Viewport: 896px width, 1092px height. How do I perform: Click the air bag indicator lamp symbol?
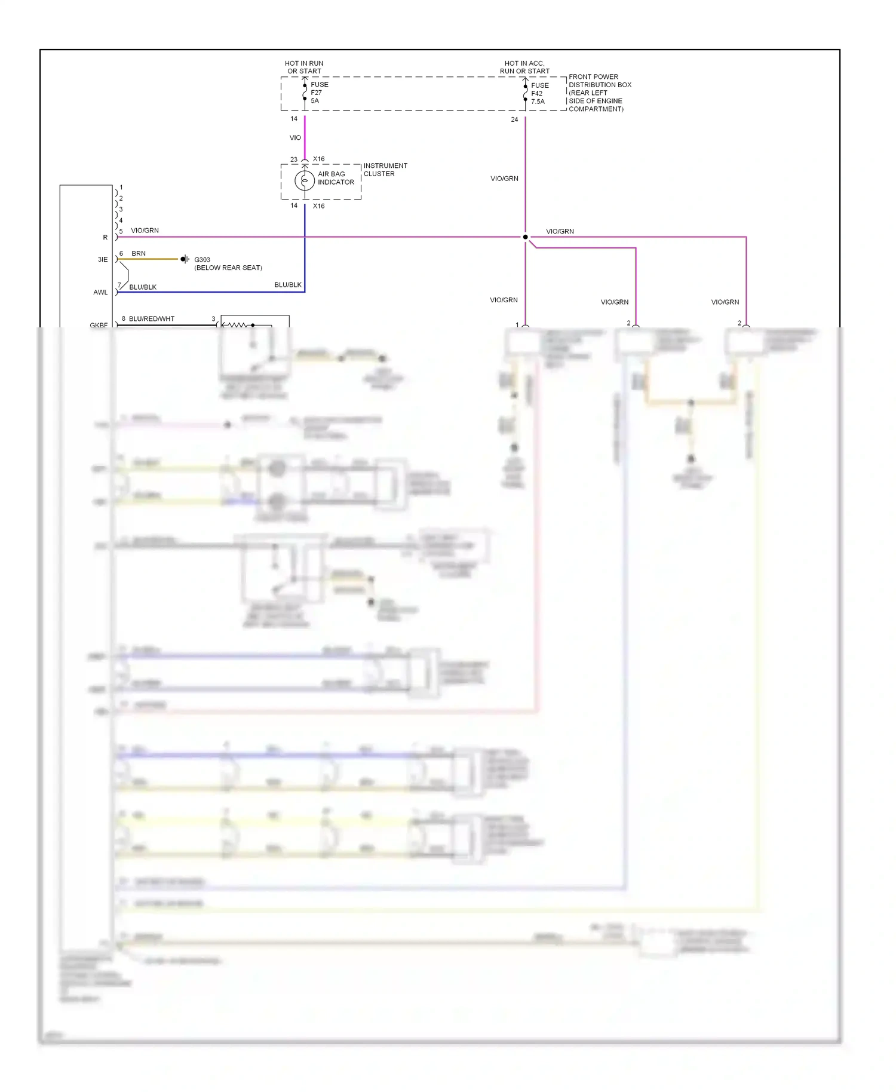[x=305, y=180]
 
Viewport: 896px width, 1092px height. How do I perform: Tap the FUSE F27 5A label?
[x=319, y=93]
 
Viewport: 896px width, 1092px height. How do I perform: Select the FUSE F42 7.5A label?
[x=539, y=93]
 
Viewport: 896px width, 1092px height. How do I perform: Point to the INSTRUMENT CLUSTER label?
[x=385, y=170]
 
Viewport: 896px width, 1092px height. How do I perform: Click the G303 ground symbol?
[x=185, y=259]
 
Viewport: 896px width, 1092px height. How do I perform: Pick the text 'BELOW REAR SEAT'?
[x=228, y=268]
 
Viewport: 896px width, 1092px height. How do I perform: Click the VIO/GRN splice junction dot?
[x=526, y=237]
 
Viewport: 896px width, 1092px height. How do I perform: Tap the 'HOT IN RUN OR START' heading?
[x=304, y=67]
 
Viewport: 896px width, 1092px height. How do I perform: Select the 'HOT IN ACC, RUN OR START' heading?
[x=524, y=67]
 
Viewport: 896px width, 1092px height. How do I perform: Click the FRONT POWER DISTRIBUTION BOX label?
[x=599, y=93]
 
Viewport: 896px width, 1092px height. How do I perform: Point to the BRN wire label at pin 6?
[x=139, y=253]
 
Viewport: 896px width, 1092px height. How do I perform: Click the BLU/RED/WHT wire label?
[x=152, y=319]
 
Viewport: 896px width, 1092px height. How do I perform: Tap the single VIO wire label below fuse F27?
[x=295, y=138]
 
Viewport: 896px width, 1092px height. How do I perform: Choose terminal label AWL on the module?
[x=100, y=293]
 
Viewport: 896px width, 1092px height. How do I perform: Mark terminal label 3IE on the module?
[x=103, y=259]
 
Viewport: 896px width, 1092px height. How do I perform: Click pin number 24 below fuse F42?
[x=514, y=120]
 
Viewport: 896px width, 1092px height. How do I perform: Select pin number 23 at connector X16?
[x=294, y=159]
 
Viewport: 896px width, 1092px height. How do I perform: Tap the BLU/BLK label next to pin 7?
[x=143, y=287]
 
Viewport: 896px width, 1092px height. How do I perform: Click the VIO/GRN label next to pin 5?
[x=145, y=231]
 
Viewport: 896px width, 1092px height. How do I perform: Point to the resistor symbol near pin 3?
[x=237, y=325]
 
